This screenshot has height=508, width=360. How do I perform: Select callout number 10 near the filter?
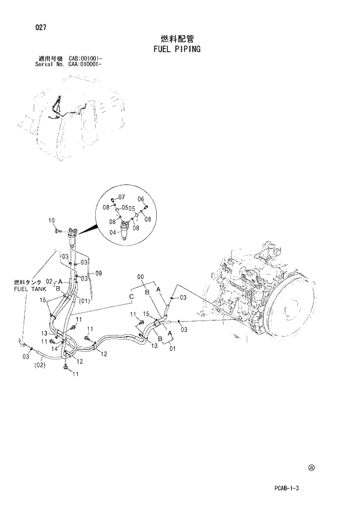pos(51,220)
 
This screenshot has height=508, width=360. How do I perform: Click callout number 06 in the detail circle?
pos(141,199)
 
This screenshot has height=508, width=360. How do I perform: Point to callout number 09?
pos(99,273)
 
